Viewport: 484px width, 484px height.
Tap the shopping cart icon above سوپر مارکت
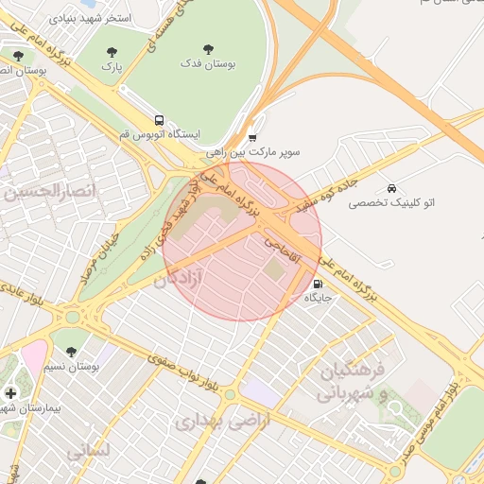[251, 139]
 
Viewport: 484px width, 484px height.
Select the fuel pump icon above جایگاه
[317, 283]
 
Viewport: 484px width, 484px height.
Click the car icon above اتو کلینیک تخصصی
[391, 187]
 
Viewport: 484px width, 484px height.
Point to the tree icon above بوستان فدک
[208, 48]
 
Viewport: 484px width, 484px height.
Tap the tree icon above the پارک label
[112, 53]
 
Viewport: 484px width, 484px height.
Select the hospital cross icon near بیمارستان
[10, 392]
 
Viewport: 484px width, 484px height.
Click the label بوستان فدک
[209, 63]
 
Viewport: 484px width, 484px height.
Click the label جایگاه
[317, 298]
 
